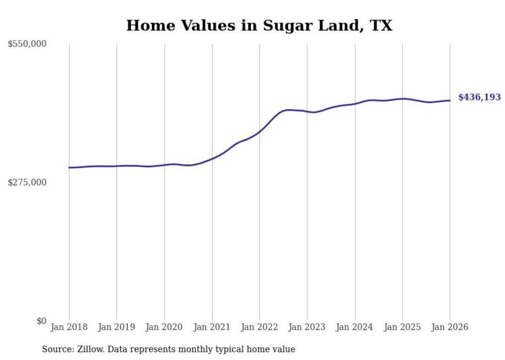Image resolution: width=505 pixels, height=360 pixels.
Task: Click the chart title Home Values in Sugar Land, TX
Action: [259, 25]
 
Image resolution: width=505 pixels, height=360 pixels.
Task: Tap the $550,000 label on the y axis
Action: [27, 44]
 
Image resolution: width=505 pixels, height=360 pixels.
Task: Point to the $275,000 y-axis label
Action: [27, 182]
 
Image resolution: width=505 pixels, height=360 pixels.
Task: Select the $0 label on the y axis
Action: [41, 321]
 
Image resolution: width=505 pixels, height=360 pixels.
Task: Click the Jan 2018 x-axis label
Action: [69, 327]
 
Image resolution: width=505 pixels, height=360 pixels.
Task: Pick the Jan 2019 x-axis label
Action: [116, 327]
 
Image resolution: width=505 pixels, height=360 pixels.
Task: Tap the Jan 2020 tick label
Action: [164, 327]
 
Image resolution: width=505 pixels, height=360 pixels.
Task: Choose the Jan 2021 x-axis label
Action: [212, 327]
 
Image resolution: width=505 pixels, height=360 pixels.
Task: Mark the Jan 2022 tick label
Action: [260, 327]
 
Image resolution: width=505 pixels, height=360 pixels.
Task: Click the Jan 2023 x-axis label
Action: [307, 327]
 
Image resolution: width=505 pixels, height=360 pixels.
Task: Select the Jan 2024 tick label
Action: [355, 327]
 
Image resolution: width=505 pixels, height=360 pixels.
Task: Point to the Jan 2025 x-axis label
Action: [402, 327]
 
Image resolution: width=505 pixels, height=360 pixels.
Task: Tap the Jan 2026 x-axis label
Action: [450, 327]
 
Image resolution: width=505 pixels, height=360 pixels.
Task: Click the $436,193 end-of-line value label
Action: [479, 97]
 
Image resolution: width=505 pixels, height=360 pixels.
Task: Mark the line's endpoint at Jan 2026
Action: [450, 100]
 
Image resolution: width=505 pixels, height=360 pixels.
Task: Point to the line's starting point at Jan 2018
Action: [69, 167]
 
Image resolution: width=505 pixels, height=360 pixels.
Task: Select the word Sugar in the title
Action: [288, 25]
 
